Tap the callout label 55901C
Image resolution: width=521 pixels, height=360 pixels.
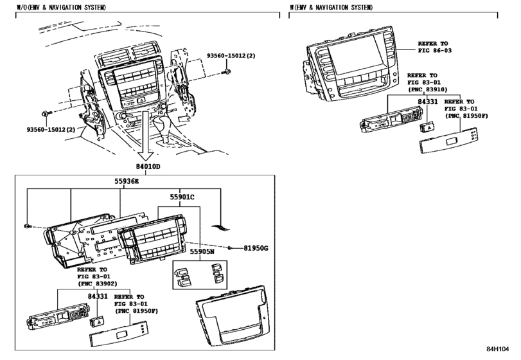click(182, 197)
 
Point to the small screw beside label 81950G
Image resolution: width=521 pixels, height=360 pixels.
click(230, 247)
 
